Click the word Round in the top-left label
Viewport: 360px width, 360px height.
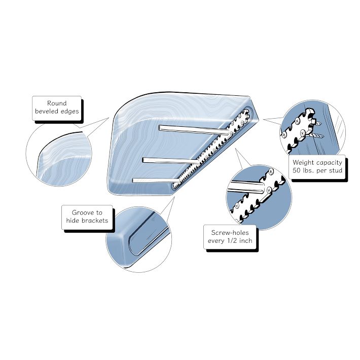57,103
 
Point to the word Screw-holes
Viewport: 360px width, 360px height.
230,233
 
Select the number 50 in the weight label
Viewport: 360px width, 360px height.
297,170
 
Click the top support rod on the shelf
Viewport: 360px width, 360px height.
194,130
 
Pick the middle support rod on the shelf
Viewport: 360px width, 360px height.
171,161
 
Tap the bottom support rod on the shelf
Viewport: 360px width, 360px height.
156,181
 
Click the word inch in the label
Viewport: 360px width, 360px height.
246,241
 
